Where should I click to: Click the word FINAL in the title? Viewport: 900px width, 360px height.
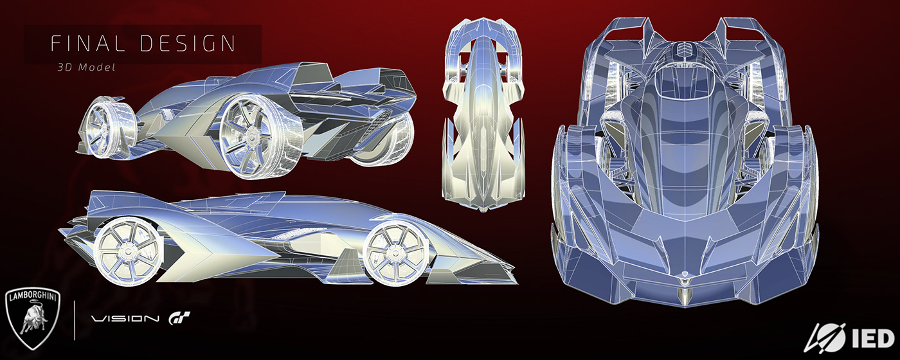coord(82,44)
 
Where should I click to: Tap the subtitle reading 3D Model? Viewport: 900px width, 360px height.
coord(85,67)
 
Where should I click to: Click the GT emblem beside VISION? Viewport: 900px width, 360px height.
coord(178,318)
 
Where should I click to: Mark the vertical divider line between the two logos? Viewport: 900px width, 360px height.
coord(76,316)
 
